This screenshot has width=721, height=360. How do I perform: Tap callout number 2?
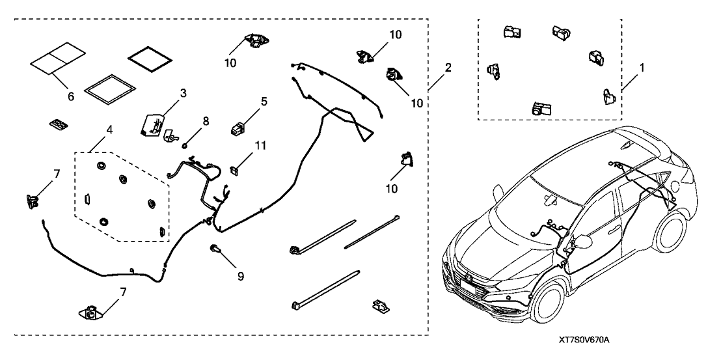tap(448, 67)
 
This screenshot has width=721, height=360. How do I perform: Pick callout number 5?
tap(246, 102)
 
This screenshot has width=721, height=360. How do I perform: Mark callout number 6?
tap(70, 96)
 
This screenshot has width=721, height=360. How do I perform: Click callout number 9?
tap(240, 276)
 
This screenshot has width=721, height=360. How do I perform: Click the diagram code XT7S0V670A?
tap(588, 340)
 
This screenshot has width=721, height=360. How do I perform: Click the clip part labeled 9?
tap(215, 248)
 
